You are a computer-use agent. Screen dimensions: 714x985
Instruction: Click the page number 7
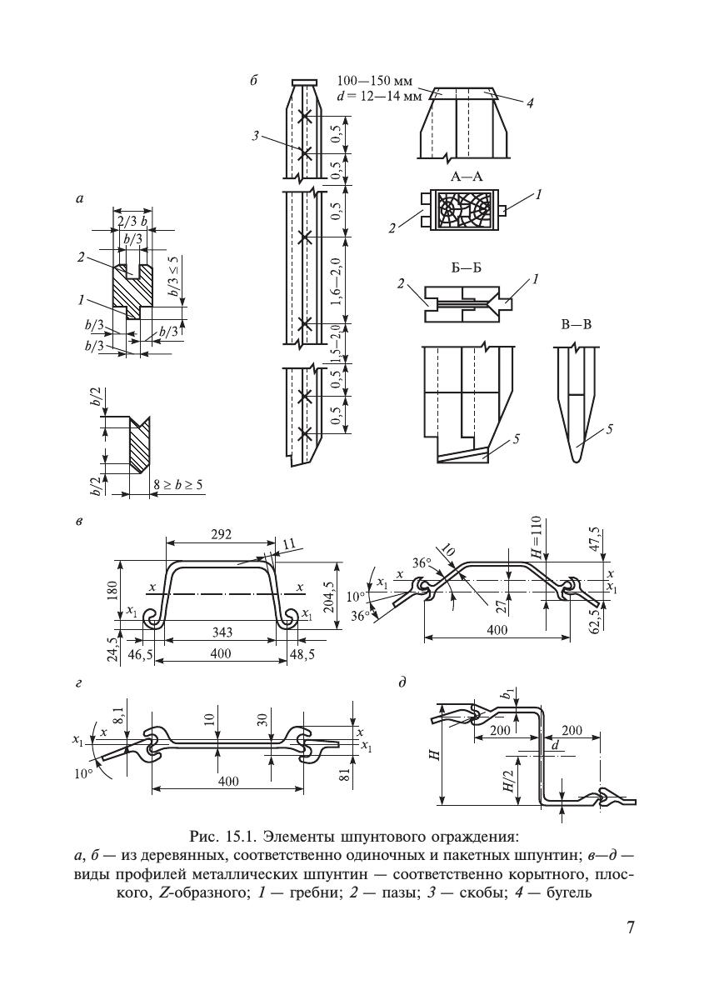(x=632, y=927)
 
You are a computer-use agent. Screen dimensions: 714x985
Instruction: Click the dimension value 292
(x=221, y=535)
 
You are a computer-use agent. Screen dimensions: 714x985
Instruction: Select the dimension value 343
(x=221, y=632)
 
